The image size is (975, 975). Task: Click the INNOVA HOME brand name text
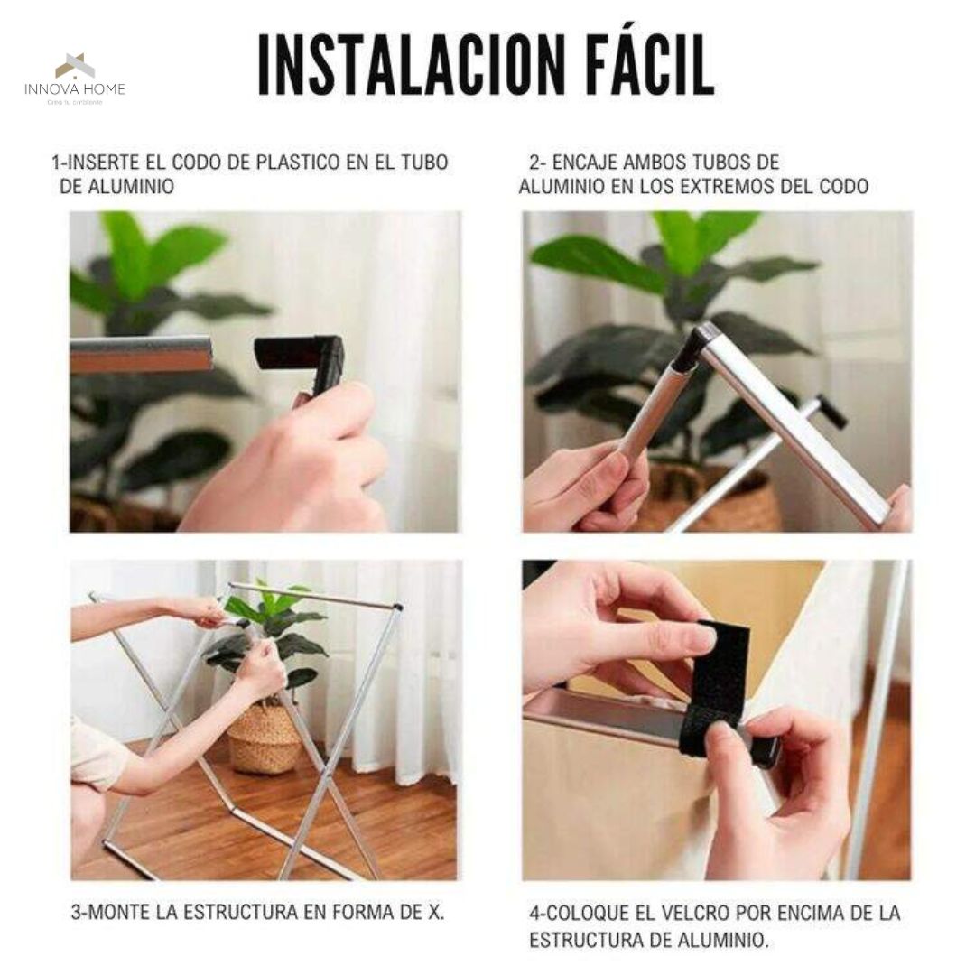75,89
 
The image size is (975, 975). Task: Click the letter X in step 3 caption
435,913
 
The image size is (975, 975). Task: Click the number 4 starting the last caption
534,913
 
